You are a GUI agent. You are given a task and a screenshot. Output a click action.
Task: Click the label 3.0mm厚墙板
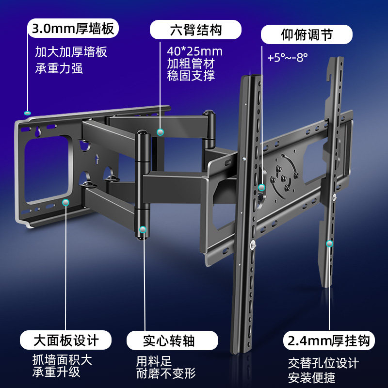pos(73,29)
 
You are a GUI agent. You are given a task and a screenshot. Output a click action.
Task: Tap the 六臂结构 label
pos(195,29)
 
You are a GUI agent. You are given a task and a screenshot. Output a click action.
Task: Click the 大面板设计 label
pos(66,339)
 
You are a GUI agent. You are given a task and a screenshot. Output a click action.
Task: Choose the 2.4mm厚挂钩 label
pos(329,340)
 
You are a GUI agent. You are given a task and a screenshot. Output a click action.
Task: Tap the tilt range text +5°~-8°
pos(288,57)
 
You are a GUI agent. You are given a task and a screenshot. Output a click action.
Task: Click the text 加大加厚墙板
pos(71,52)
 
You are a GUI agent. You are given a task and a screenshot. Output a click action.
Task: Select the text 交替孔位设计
pos(323,363)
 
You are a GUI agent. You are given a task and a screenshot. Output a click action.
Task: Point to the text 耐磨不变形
pos(165,373)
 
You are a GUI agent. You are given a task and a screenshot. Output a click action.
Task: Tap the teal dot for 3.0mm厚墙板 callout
pos(27,113)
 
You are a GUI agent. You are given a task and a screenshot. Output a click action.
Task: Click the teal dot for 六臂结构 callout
pos(161,132)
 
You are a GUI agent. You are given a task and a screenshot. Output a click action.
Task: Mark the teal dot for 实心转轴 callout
pos(143,229)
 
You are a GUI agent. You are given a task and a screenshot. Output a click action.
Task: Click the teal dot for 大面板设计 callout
pos(66,201)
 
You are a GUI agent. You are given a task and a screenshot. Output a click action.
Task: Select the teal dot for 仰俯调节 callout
pos(262,187)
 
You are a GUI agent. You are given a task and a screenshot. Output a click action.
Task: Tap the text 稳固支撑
pos(191,76)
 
